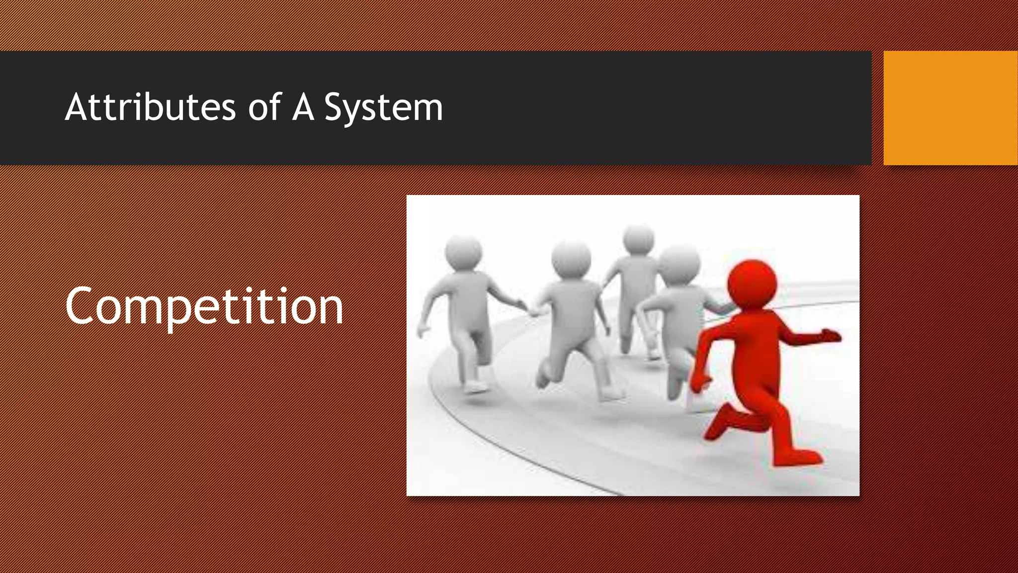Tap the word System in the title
coord(383,108)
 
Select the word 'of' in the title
coord(264,107)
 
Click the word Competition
coord(204,307)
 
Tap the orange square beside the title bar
coord(950,108)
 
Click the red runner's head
coord(752,283)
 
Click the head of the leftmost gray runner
coord(463,252)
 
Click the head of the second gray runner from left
coord(571,259)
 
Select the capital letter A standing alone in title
coord(303,107)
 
